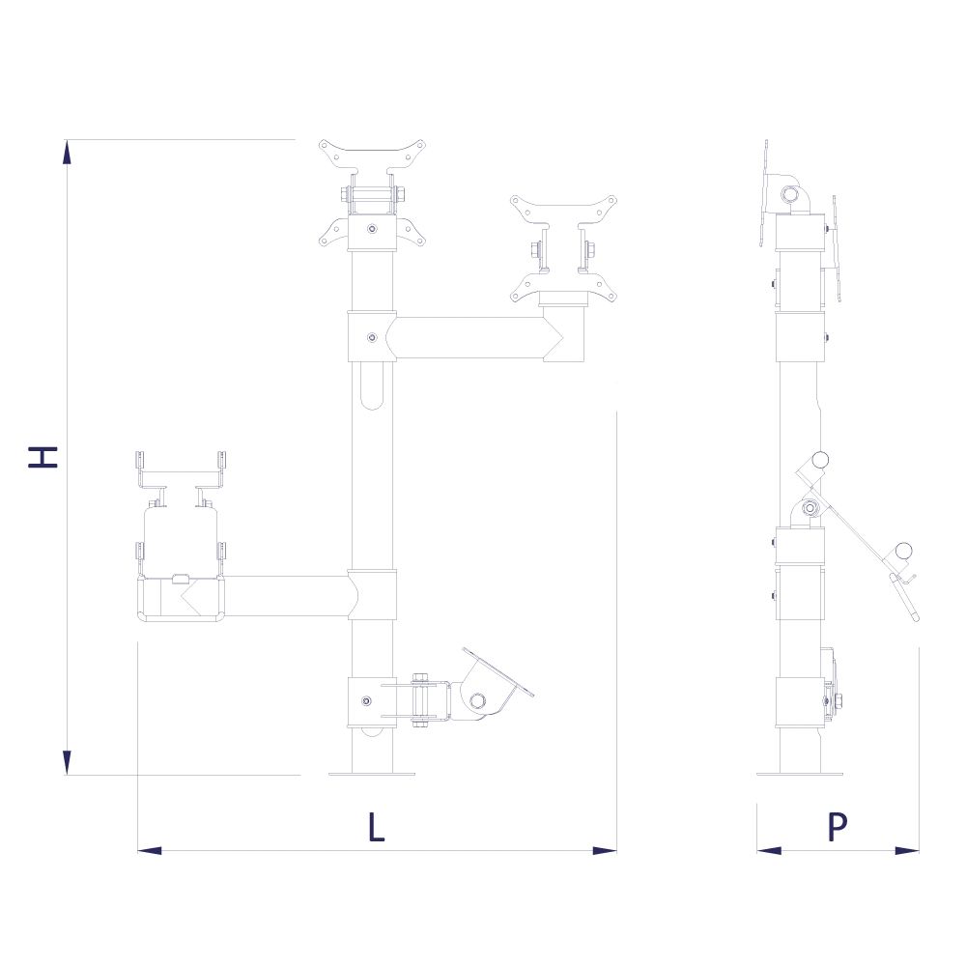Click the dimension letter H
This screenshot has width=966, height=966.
tap(43, 457)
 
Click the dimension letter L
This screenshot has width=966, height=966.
tap(376, 828)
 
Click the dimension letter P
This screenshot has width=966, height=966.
tap(838, 828)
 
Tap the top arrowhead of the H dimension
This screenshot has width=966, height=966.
tap(67, 153)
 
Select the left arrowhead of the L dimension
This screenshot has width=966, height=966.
tap(150, 850)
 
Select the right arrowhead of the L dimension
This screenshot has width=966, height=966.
tap(604, 850)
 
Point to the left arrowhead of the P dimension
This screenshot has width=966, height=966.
tap(769, 850)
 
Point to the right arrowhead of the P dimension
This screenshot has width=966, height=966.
tap(906, 850)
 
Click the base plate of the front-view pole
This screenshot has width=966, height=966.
tap(372, 773)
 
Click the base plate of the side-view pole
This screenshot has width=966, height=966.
tap(799, 773)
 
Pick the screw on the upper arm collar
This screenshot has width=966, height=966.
tap(373, 337)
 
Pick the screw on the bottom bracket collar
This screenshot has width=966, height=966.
tap(365, 701)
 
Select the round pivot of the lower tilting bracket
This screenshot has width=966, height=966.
tap(475, 700)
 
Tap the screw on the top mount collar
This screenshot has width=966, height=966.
tap(373, 230)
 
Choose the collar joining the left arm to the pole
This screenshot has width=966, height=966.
tap(373, 595)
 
